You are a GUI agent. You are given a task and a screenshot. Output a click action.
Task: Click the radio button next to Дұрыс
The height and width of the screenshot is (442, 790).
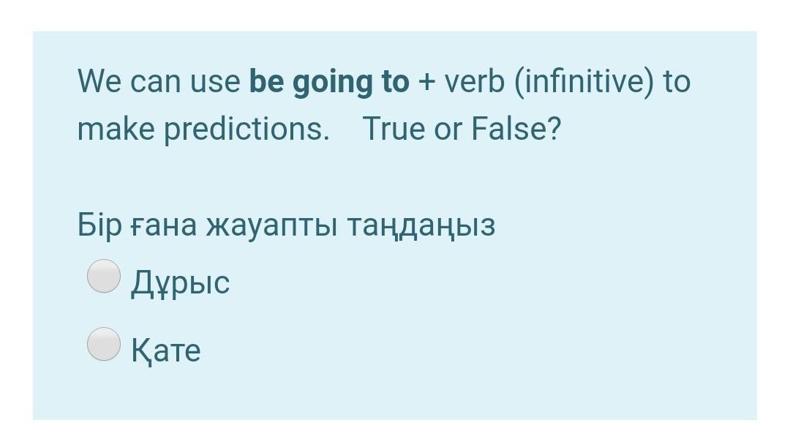click(x=104, y=276)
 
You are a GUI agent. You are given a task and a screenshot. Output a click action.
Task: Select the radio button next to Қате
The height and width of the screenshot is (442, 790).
click(x=104, y=344)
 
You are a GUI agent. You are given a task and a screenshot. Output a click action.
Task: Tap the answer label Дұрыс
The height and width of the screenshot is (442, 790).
click(x=181, y=282)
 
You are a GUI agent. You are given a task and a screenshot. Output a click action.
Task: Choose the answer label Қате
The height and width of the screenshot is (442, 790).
click(x=166, y=350)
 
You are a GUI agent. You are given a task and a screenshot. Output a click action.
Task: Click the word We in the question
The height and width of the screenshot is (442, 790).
click(x=99, y=81)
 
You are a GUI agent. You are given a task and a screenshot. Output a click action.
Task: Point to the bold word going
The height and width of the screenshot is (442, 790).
click(x=333, y=83)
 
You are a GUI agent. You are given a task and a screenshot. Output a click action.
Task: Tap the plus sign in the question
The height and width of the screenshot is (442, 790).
click(x=426, y=82)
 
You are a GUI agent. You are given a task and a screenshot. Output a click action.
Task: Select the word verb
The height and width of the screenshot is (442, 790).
click(x=474, y=81)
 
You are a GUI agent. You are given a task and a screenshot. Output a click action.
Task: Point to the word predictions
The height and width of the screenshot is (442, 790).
click(x=247, y=129)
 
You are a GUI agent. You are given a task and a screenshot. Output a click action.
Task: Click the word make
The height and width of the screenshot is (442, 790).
click(x=116, y=129)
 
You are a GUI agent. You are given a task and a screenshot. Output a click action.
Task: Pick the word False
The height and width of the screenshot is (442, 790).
click(x=516, y=129)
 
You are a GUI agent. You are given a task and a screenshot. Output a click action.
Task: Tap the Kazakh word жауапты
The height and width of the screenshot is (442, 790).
click(x=271, y=226)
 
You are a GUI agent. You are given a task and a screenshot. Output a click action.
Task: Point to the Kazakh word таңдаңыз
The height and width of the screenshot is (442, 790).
click(x=421, y=227)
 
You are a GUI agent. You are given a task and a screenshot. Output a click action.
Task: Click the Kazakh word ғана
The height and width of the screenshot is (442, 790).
click(x=164, y=226)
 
